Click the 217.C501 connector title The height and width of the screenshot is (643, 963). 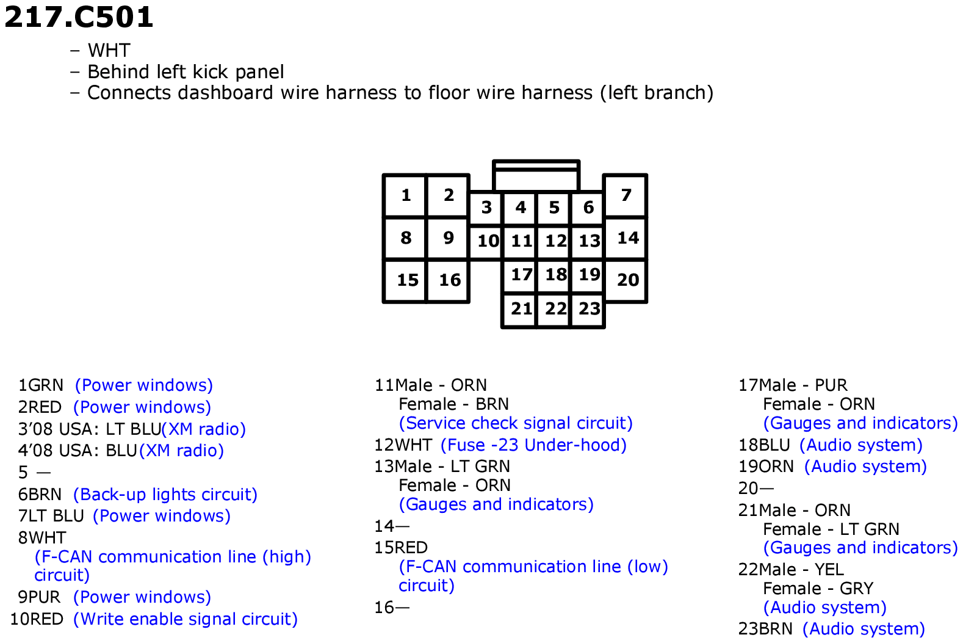point(79,17)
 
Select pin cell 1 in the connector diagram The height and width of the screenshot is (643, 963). point(405,195)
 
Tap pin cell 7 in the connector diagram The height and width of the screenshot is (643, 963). point(626,195)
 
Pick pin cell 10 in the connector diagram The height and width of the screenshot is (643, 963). point(486,241)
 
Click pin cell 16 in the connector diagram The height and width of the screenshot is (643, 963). point(447,280)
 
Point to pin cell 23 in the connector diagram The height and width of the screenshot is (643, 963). point(588,310)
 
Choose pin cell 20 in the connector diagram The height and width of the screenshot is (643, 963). point(626,280)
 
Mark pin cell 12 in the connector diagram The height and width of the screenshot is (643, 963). point(554,241)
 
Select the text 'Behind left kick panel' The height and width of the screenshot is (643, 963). point(186,72)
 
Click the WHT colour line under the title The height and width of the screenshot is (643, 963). point(109,50)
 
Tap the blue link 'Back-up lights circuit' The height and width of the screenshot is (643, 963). point(165,495)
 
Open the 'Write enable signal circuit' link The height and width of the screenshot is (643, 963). point(186,619)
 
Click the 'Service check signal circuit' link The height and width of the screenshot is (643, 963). point(516,423)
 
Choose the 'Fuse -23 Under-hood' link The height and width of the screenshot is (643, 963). point(533,445)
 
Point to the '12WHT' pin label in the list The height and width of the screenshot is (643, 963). point(403,445)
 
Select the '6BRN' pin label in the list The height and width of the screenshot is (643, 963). point(40,495)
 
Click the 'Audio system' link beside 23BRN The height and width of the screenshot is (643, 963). point(864,629)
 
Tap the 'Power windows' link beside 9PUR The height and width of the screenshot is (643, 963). point(142,597)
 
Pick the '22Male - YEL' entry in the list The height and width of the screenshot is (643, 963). point(791,570)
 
